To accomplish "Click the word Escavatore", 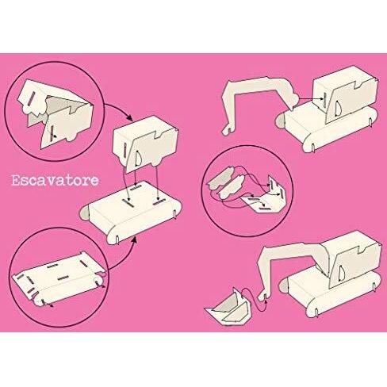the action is [x=56, y=181].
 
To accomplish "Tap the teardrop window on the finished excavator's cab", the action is [x=342, y=273].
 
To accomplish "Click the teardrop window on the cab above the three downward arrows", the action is [x=138, y=158].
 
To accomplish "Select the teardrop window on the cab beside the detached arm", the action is [x=338, y=109].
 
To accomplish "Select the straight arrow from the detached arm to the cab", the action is [x=311, y=99].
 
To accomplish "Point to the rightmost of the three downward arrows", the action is [x=157, y=182].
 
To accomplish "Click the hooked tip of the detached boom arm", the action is [x=227, y=131].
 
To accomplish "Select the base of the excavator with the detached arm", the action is [x=327, y=127].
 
